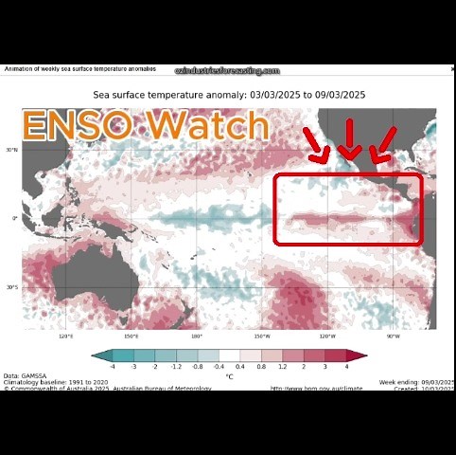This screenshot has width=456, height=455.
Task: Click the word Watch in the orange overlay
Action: pos(208,126)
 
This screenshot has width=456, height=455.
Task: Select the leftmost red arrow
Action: pos(316,145)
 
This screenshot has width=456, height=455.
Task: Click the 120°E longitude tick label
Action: pos(66,336)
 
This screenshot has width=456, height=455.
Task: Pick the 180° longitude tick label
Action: pos(197,336)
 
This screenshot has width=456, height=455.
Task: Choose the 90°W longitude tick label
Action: pos(393,336)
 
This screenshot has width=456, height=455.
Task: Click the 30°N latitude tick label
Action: pos(12,150)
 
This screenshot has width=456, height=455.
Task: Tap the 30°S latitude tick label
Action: pos(12,287)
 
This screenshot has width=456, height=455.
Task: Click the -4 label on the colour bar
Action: pos(112,365)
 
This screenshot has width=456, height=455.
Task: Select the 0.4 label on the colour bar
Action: pos(239,365)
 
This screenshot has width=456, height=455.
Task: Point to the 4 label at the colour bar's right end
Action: pos(347,365)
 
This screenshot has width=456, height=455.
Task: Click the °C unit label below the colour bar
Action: pos(229,376)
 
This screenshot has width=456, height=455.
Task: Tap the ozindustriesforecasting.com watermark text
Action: pos(228,71)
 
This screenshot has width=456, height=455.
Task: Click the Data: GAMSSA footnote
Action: pos(26,375)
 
